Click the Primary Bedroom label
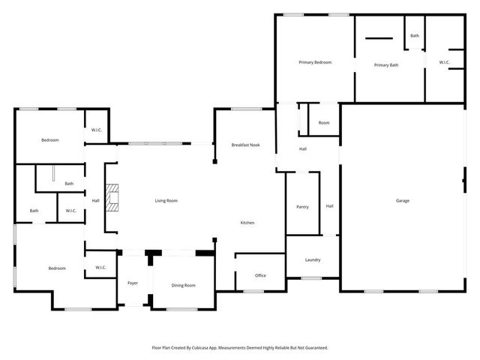click(x=315, y=62)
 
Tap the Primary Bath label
click(x=386, y=65)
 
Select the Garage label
click(x=403, y=200)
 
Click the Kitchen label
click(x=247, y=223)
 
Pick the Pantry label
click(x=302, y=206)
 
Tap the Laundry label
click(x=313, y=260)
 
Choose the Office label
click(x=260, y=275)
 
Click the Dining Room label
click(x=183, y=285)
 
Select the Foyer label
click(x=133, y=283)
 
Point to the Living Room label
click(x=166, y=200)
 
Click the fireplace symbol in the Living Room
click(x=112, y=199)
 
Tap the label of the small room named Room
click(x=324, y=122)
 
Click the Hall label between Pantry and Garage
click(x=329, y=206)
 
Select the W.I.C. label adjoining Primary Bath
click(x=445, y=62)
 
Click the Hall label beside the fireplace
click(x=96, y=200)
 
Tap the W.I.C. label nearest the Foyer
click(x=100, y=268)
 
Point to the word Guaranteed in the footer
click(x=315, y=348)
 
